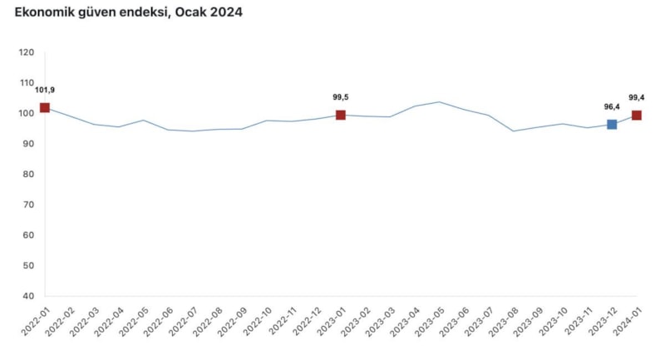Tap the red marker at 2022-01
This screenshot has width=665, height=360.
(x=45, y=107)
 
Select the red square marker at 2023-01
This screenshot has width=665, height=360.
(x=341, y=115)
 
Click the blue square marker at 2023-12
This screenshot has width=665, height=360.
(x=612, y=124)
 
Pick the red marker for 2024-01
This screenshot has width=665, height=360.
(x=637, y=115)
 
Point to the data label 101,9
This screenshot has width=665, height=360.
(x=46, y=90)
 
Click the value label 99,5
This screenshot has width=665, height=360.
(x=341, y=97)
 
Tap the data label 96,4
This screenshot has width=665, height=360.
(x=613, y=106)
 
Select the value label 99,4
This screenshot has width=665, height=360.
(x=638, y=97)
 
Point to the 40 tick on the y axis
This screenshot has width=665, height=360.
(x=28, y=296)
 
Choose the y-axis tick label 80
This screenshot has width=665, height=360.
(x=28, y=175)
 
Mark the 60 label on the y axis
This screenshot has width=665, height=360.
(x=28, y=235)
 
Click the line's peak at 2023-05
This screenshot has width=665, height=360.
(x=440, y=102)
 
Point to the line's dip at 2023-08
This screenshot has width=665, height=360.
(x=514, y=131)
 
